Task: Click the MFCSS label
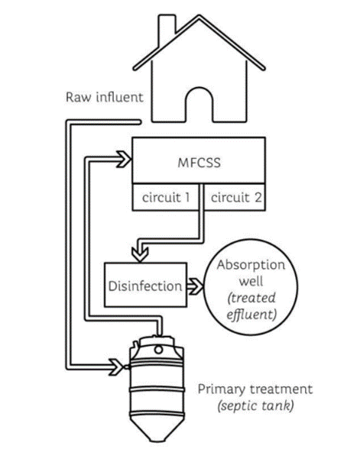(199, 163)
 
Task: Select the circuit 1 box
(166, 198)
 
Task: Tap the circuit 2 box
(235, 198)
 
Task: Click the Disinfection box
(145, 285)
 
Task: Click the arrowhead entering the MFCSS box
(124, 159)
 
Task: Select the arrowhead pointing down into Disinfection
(140, 254)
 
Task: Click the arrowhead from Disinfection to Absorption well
(196, 286)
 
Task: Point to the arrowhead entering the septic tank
(116, 367)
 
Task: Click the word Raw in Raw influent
(78, 97)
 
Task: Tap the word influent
(119, 97)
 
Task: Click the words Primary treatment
(255, 389)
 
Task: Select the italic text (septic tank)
(255, 406)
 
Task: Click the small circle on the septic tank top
(158, 350)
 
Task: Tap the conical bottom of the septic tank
(157, 429)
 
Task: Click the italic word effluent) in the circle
(251, 315)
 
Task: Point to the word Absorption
(251, 265)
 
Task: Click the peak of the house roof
(199, 16)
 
